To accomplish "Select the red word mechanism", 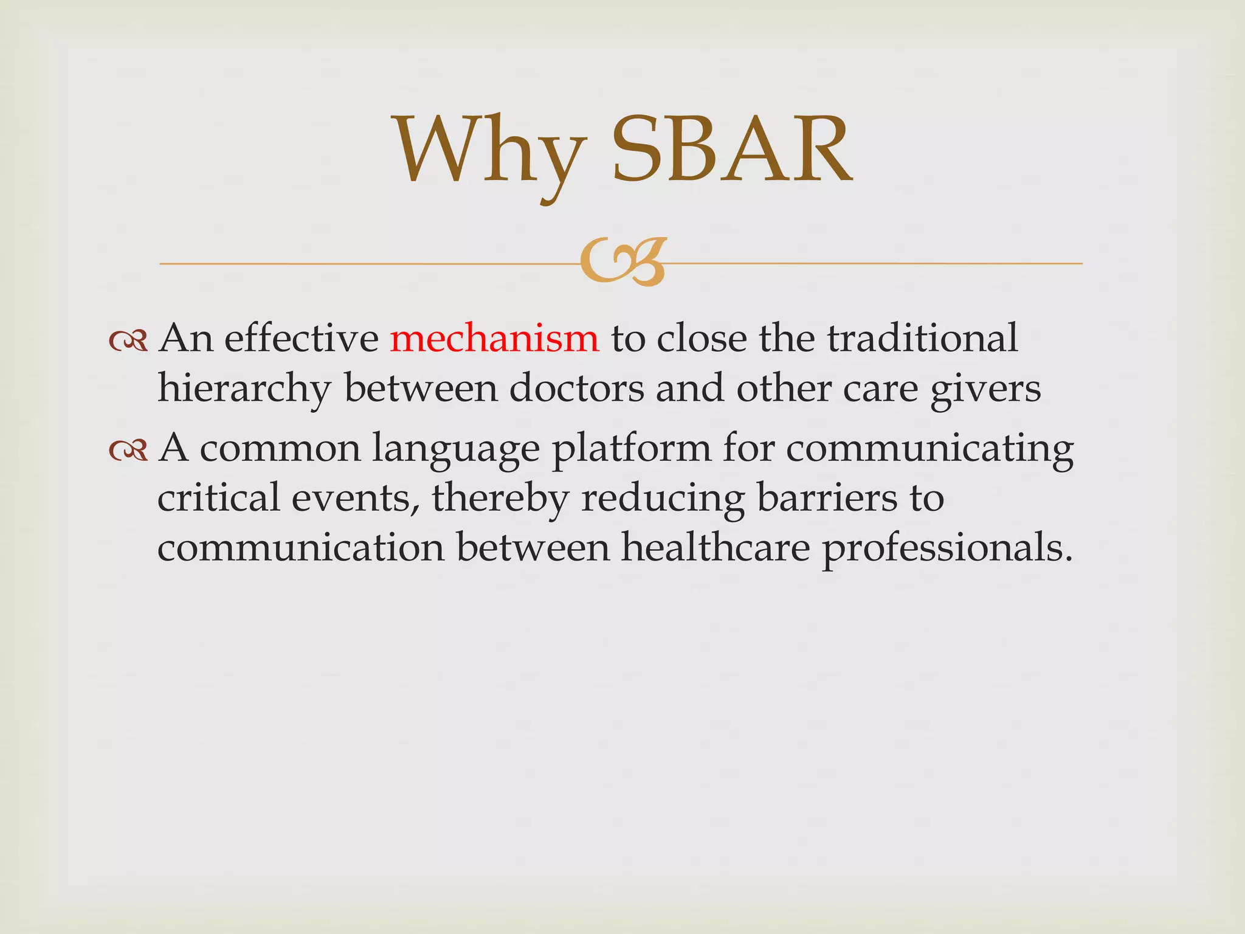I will [494, 338].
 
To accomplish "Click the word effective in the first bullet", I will [302, 338].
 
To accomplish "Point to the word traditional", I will [922, 338].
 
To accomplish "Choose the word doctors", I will [576, 388].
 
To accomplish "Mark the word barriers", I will [827, 497].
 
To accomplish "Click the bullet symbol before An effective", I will [128, 342].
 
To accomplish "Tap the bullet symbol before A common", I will [128, 451].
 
